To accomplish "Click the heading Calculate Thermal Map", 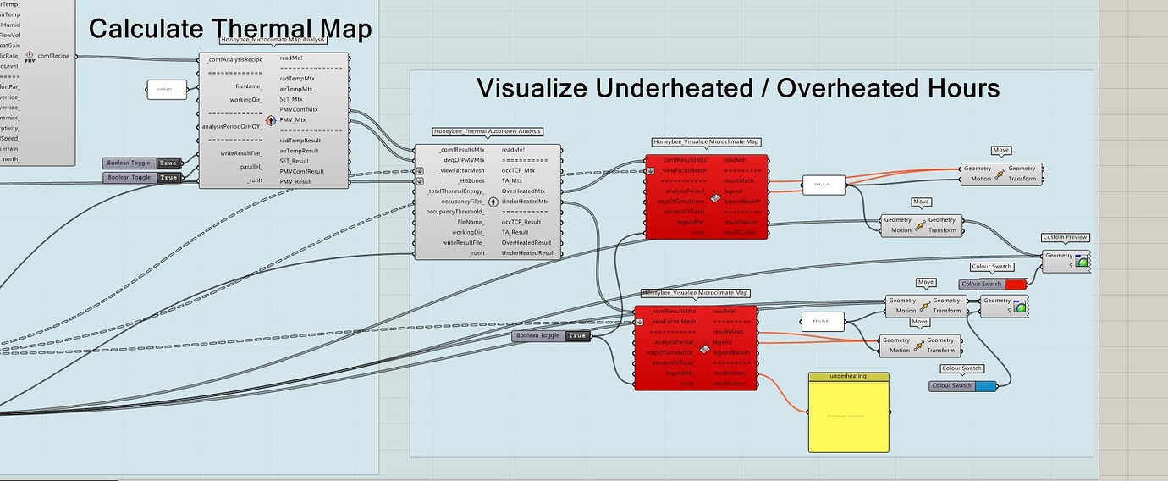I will pos(229,29).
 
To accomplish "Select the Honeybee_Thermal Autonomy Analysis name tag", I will pos(488,131).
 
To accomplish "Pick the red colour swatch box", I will pos(1015,284).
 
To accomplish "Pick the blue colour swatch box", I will pos(985,386).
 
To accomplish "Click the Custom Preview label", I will pos(1066,237).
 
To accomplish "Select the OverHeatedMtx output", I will pos(525,191).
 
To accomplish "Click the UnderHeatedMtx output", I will pos(525,202).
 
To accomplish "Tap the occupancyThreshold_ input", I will pos(455,212).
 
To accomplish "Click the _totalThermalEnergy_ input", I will pos(456,191).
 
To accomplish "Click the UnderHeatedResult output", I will pos(528,253).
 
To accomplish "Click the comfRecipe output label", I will pos(52,56).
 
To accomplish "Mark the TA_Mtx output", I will pos(513,180).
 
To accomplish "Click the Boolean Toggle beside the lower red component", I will pos(551,336).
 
